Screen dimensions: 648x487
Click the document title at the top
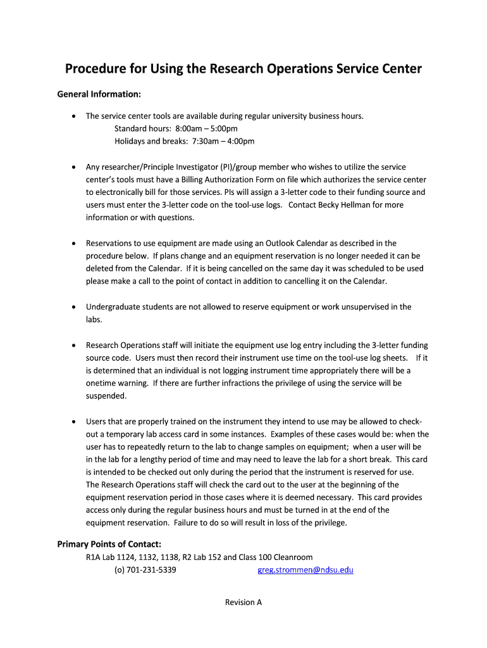point(244,68)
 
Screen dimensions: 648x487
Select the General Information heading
point(99,94)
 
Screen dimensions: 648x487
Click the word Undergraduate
point(112,307)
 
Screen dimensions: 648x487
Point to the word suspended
point(106,396)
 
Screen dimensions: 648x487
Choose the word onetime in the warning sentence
point(101,383)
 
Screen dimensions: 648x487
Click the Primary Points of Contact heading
point(109,544)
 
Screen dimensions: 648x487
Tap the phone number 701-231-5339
point(151,570)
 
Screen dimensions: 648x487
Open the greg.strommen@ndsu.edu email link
point(305,570)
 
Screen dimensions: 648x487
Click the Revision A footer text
point(244,602)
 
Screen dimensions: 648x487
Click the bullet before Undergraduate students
point(75,308)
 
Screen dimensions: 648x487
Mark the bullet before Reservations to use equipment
point(75,244)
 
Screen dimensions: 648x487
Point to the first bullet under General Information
point(75,116)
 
